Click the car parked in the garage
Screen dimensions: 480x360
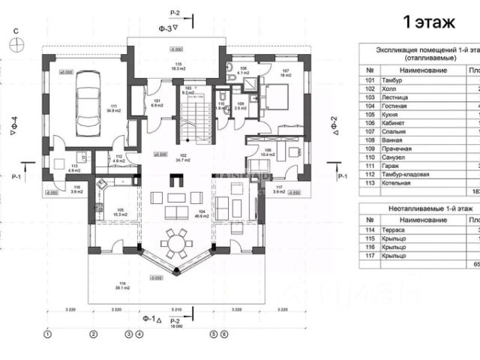88,104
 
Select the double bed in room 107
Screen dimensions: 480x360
274,94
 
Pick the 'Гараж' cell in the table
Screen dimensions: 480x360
391,165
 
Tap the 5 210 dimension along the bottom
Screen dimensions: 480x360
176,309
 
